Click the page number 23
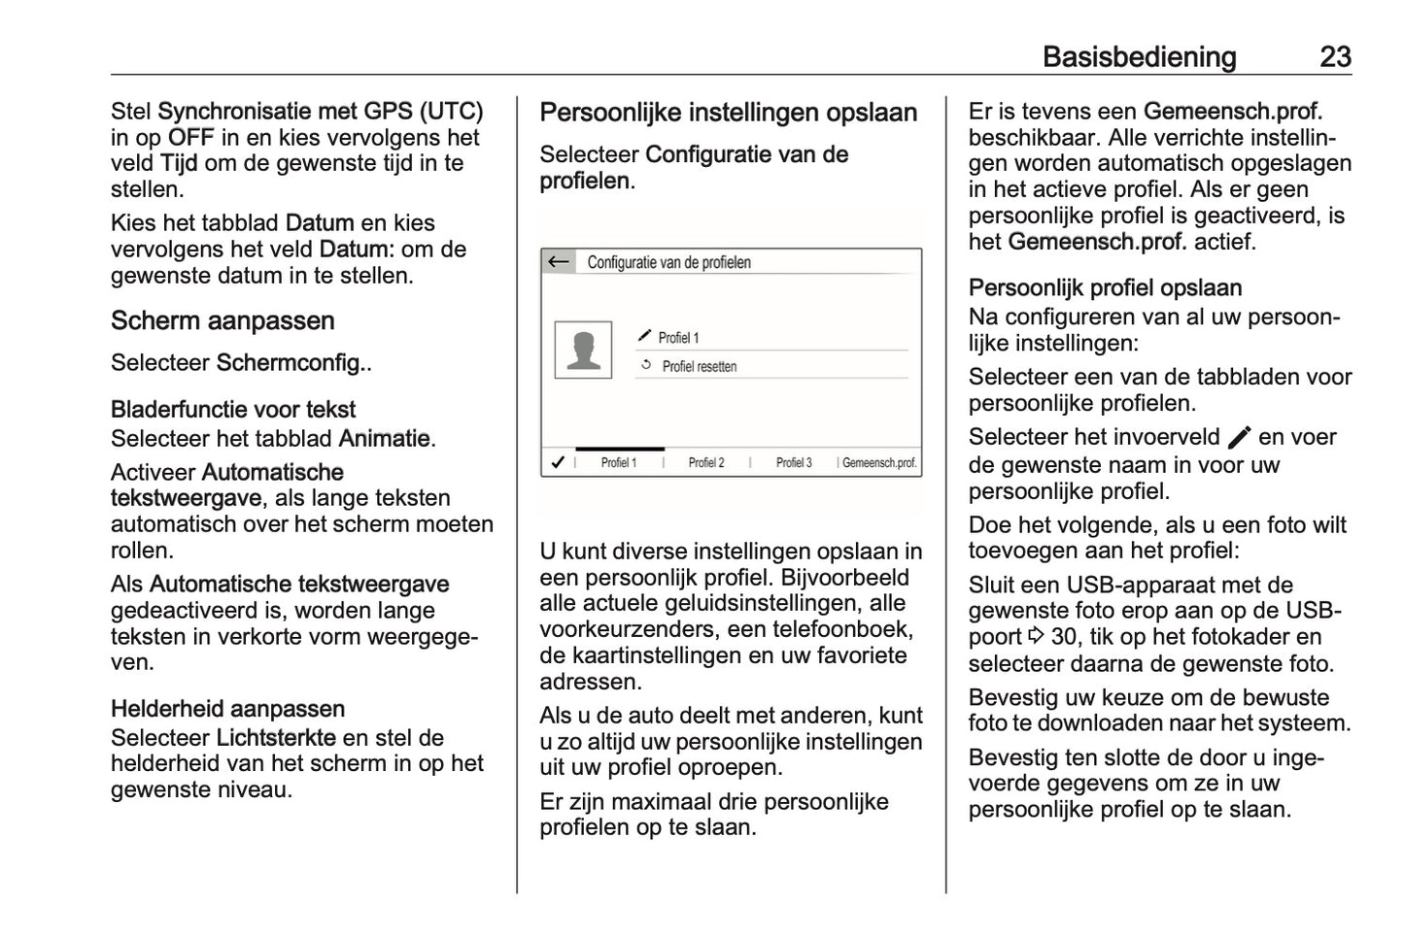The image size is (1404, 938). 1335,56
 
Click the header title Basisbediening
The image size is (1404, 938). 1139,56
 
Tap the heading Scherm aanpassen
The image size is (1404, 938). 223,320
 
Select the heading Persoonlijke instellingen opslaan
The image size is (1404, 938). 728,113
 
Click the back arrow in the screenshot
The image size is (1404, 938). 559,262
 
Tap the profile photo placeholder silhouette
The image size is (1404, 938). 583,350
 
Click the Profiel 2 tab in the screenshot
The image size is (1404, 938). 706,463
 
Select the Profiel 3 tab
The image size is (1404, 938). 794,463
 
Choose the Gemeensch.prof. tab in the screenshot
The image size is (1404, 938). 878,463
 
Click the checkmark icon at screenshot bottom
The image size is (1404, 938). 558,463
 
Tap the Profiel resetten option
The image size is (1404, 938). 699,367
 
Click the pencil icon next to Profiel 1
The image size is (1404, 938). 645,336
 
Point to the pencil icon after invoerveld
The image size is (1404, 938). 1239,438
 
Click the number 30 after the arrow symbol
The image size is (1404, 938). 1065,638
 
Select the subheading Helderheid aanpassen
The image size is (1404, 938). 227,709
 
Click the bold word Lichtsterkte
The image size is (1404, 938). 276,737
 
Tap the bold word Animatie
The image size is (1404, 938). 384,439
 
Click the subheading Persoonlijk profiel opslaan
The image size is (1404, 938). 1105,288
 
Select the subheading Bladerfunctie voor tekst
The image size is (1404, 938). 233,410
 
